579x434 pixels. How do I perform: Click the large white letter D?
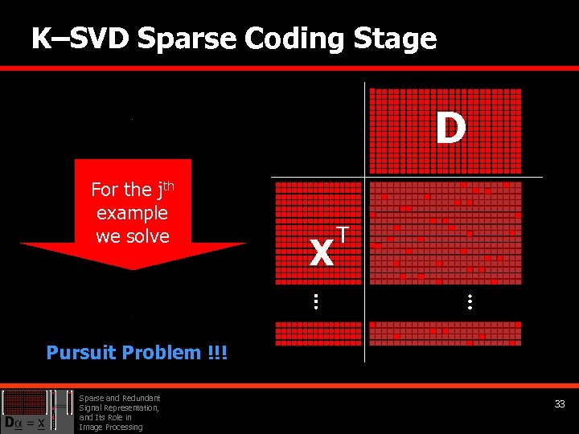[x=450, y=128]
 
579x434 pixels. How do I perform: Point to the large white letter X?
[x=321, y=254]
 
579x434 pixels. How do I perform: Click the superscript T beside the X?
[x=343, y=234]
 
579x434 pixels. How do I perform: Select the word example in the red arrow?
[x=132, y=213]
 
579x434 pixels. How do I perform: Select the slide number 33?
[x=560, y=404]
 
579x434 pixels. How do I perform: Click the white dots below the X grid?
[x=316, y=302]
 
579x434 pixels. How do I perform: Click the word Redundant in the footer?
[x=143, y=398]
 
